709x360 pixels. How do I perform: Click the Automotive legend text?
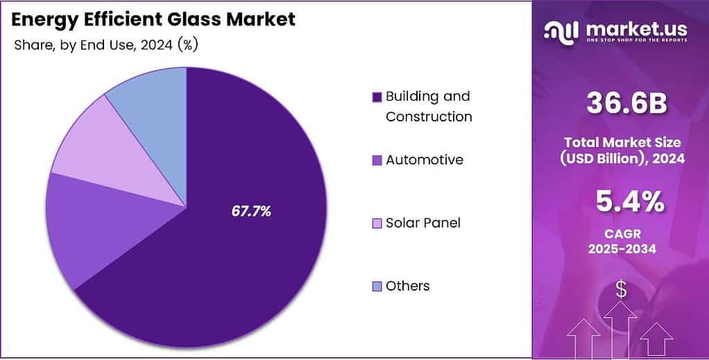[x=424, y=160]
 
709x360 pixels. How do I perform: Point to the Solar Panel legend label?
[x=422, y=223]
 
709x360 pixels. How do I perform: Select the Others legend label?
[x=407, y=286]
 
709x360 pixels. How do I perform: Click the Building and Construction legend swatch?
[x=377, y=97]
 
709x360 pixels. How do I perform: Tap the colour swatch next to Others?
[x=377, y=286]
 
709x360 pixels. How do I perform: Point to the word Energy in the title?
[x=44, y=19]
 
